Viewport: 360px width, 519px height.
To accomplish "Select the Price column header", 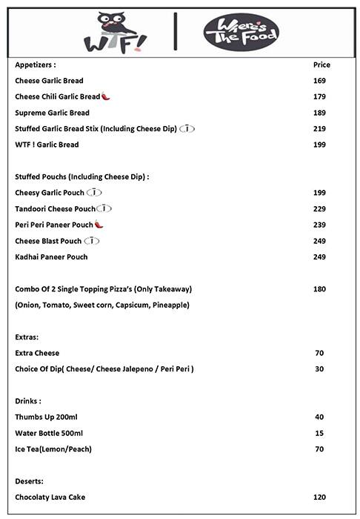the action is (321, 65).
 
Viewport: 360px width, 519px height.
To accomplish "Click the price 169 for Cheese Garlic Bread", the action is (320, 81).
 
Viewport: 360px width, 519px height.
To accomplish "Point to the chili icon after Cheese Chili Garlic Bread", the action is (105, 97).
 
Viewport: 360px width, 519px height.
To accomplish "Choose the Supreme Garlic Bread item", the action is (52, 113).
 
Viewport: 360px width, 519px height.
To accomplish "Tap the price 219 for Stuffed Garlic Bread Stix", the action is (320, 129).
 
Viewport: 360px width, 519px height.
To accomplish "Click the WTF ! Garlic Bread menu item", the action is (47, 145).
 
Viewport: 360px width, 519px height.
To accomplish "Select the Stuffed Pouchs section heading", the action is (82, 177).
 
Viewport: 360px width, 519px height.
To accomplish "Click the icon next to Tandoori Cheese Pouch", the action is (104, 208).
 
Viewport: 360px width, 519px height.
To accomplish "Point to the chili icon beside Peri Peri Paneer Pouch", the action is (99, 225).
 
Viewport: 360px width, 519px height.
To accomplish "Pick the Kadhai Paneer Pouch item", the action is (51, 257).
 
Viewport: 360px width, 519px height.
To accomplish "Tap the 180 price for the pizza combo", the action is (320, 289).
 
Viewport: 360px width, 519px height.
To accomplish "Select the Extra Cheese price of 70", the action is (319, 353).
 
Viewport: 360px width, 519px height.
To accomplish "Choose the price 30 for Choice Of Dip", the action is (319, 368).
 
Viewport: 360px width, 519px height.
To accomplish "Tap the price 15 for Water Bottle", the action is (319, 433).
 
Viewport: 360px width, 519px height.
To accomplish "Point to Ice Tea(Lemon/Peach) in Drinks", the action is (53, 449).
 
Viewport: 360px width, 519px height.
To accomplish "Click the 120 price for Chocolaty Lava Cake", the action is (320, 497).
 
